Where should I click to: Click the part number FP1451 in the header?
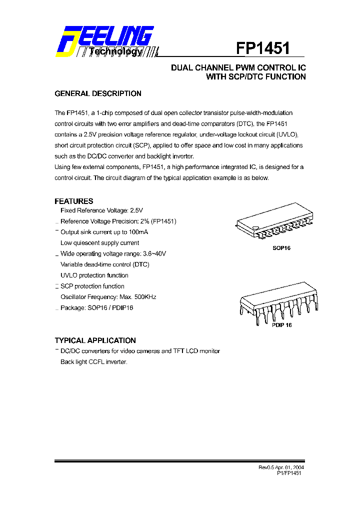click(263, 48)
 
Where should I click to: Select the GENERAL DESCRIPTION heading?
click(97, 93)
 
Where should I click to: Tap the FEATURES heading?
click(73, 201)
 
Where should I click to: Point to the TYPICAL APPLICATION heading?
click(95, 340)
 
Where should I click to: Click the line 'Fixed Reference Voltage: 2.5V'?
click(102, 210)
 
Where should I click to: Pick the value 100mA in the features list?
click(138, 232)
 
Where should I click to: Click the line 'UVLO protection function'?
click(94, 275)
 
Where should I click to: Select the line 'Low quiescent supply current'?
click(99, 243)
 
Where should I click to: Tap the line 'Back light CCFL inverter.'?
click(94, 361)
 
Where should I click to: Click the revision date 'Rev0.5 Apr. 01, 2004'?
click(281, 467)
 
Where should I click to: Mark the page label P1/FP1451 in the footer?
click(288, 473)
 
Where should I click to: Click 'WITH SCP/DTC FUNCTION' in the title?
click(255, 77)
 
